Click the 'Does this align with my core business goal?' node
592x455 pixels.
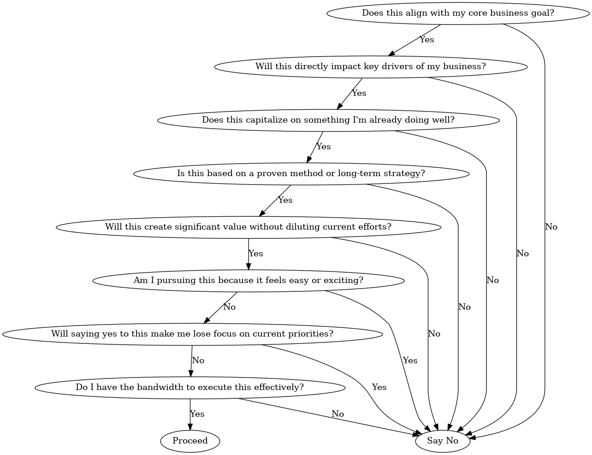click(458, 13)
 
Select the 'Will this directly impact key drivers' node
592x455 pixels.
click(371, 66)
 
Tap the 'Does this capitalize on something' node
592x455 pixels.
click(328, 120)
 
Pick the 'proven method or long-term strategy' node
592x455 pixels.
click(301, 173)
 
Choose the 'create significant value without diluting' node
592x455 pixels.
click(248, 227)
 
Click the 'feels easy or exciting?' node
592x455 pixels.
click(248, 280)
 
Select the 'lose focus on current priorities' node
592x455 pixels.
click(192, 334)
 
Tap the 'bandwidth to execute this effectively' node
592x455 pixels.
click(189, 387)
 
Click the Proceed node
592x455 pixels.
click(190, 441)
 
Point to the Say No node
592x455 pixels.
click(443, 441)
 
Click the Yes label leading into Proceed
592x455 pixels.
click(197, 414)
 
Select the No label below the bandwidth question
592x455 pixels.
click(337, 414)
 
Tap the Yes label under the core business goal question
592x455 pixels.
click(426, 40)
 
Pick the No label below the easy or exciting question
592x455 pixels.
click(229, 307)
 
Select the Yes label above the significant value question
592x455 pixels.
click(285, 200)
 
